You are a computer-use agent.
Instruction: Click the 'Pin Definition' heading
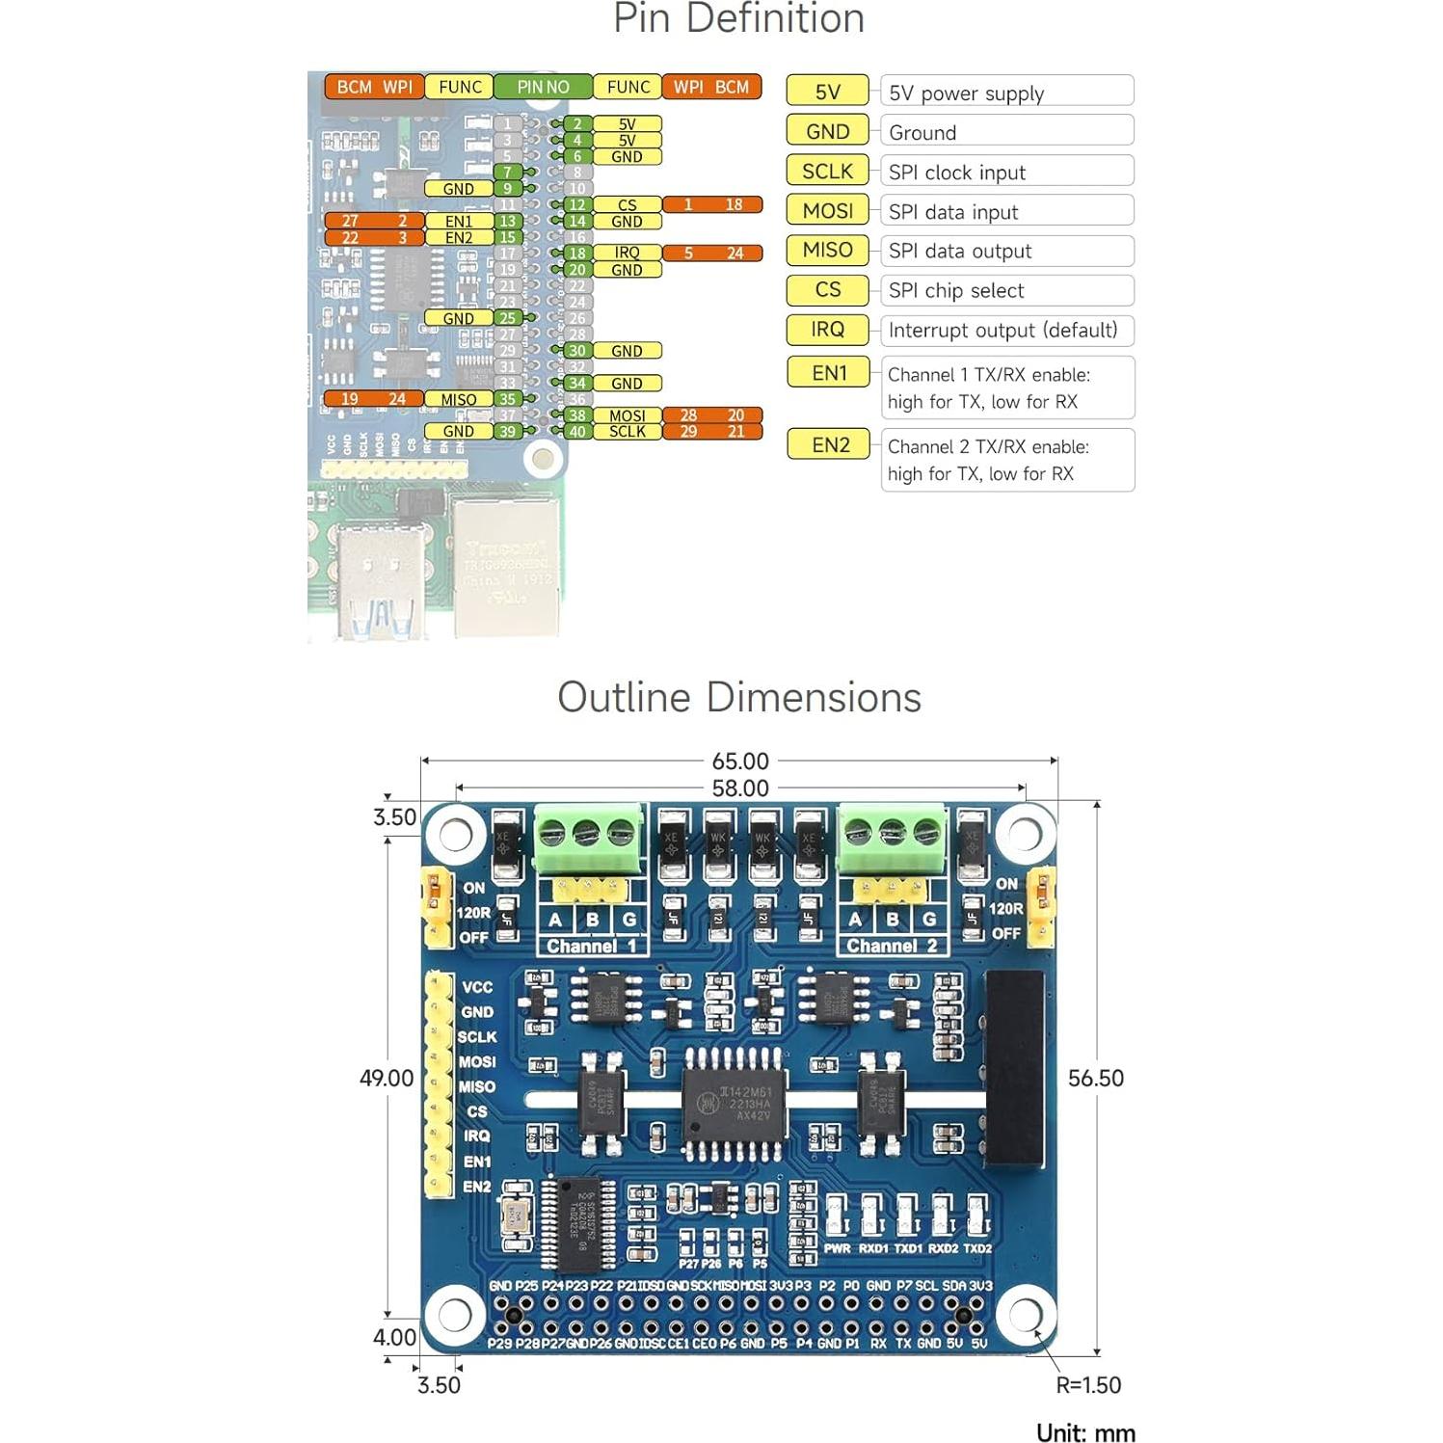pos(738,19)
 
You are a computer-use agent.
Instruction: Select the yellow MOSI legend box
pos(827,210)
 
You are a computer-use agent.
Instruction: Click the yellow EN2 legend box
pos(829,444)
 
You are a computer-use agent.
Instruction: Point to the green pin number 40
pos(576,432)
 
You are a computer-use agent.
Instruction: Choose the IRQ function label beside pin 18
pos(627,253)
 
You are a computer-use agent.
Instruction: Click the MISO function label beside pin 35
pos(459,399)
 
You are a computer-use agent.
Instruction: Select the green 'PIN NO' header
pos(543,87)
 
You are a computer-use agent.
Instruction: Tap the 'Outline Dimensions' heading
pos(738,698)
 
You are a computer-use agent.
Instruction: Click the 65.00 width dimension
pos(739,762)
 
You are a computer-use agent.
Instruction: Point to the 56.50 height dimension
pos(1095,1079)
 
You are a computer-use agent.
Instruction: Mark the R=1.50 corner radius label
pos(1088,1385)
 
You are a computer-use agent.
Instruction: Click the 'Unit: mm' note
pos(1085,1432)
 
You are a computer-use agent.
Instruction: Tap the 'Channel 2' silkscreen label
pos(892,946)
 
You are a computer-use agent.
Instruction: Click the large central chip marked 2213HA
pos(735,1104)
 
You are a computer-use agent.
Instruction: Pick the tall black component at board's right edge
pos(1014,1067)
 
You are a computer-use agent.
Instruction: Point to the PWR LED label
pos(837,1248)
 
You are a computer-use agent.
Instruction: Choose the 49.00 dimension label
pos(387,1079)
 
